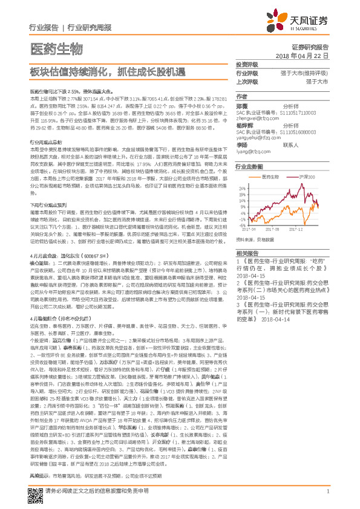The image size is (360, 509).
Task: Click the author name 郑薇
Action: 243,105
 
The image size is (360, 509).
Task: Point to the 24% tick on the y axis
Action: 242,189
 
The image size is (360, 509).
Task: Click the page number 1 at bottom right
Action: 327,491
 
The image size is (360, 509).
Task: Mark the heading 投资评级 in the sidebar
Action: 247,65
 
